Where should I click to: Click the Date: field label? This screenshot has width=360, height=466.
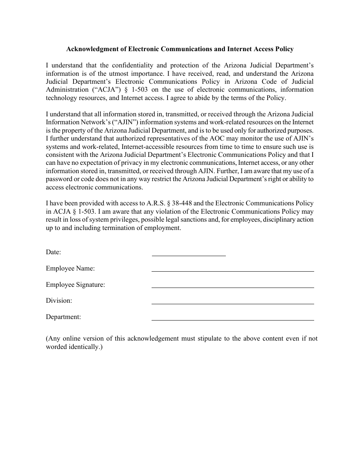click(53, 252)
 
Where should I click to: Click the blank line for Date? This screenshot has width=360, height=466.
click(188, 255)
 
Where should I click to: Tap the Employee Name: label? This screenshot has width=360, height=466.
click(70, 268)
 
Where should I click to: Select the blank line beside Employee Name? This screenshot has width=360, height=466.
click(233, 271)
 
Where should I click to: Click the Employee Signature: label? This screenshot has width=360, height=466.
click(75, 285)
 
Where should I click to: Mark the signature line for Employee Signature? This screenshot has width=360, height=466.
click(233, 287)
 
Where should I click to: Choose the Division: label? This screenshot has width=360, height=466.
click(59, 300)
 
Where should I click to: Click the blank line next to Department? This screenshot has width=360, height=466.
click(233, 320)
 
